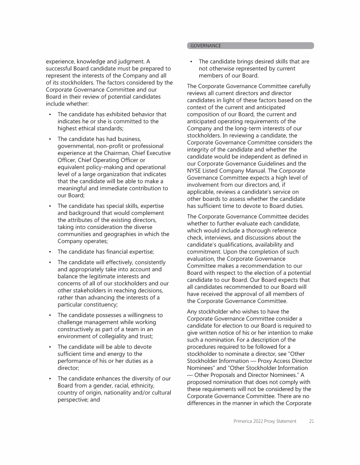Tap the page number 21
click(311, 421)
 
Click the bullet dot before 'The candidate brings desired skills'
click(191, 61)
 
